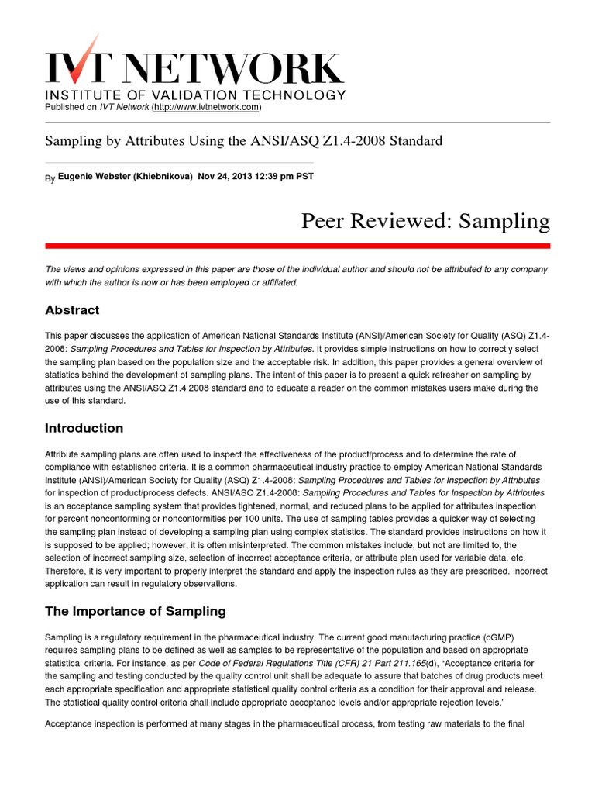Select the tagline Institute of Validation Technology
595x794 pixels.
tap(195, 95)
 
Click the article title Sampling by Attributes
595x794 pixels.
tap(244, 141)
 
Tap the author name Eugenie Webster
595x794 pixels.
tap(95, 176)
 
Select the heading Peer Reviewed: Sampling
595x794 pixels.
tap(425, 221)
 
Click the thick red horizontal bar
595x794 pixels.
tap(297, 246)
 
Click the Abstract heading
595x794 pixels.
tap(72, 310)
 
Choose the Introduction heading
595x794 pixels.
tap(84, 428)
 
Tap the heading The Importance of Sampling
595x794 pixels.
tap(135, 611)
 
